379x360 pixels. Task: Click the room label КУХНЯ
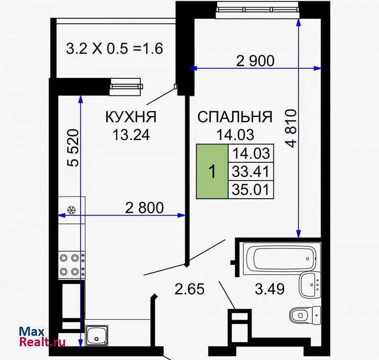131,117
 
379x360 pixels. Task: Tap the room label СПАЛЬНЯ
235,117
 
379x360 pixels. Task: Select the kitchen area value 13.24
131,135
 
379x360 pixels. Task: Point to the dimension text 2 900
255,61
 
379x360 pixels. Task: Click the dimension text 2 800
144,208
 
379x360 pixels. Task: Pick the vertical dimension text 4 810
291,128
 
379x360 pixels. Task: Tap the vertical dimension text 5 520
73,148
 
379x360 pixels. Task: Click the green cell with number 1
212,172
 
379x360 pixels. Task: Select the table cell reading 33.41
251,172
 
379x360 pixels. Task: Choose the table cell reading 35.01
251,190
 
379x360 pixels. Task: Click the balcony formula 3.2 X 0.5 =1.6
115,49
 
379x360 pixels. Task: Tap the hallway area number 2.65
189,289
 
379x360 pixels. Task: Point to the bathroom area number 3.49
270,289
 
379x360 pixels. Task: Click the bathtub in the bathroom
280,258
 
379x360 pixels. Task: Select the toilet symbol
305,315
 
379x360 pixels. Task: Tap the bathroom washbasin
310,285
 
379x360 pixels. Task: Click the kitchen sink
97,335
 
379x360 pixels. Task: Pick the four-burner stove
72,265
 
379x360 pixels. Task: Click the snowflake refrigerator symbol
72,210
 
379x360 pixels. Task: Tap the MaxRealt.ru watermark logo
42,337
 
